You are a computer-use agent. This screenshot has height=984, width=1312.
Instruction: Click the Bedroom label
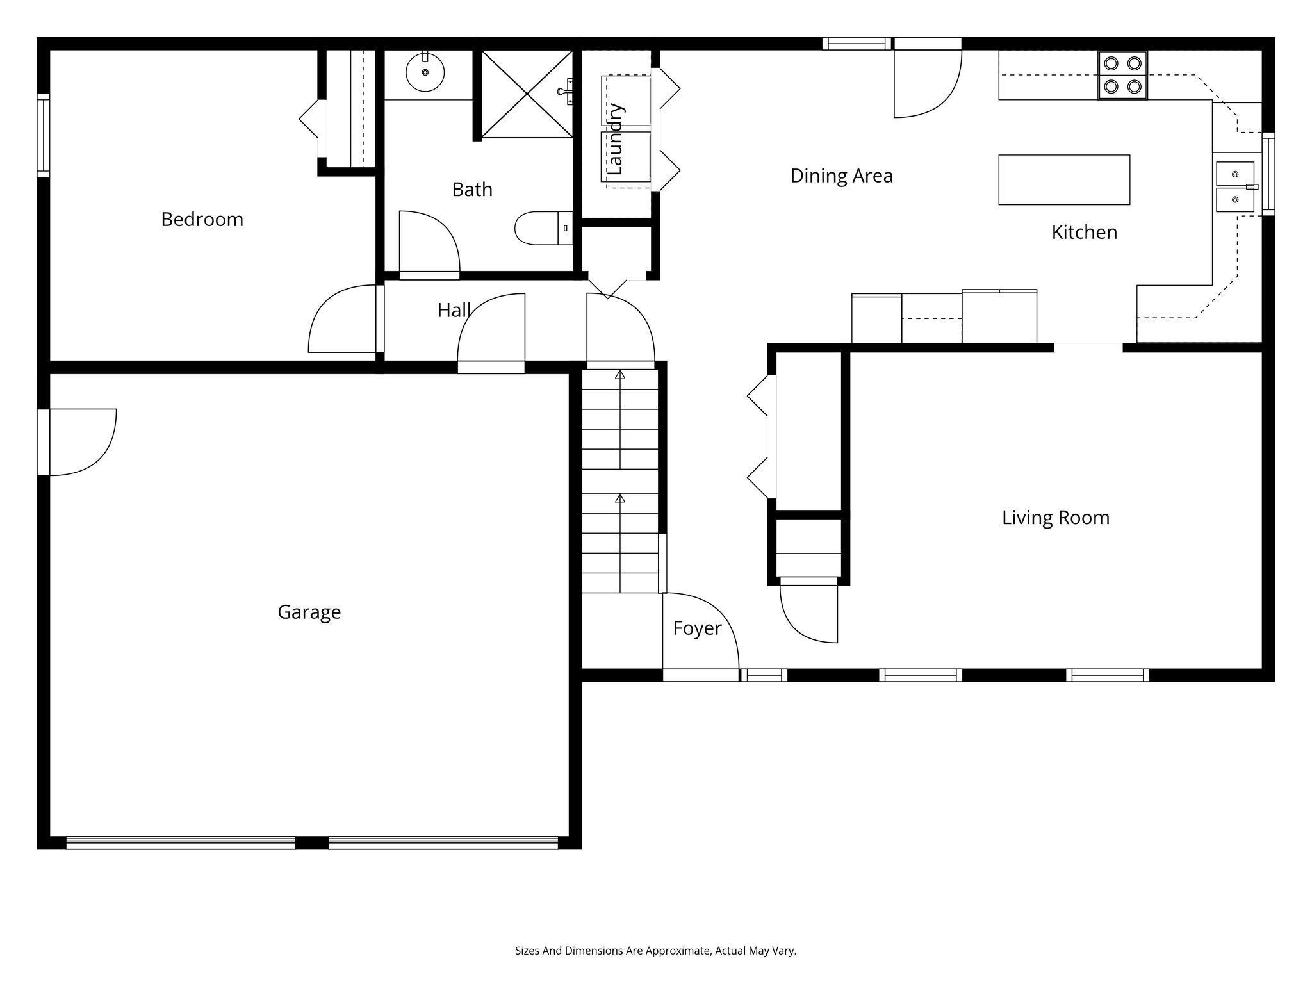point(202,220)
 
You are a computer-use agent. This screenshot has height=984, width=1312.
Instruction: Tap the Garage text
point(309,612)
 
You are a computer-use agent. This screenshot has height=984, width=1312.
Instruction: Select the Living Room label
point(1055,518)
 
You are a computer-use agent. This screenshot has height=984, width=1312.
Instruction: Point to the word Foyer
point(697,628)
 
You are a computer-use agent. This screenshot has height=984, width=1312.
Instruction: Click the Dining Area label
point(841,176)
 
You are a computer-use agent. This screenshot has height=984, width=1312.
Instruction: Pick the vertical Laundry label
point(615,139)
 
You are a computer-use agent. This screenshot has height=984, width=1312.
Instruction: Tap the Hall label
point(454,311)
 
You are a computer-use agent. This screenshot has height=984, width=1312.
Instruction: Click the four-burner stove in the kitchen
point(1122,75)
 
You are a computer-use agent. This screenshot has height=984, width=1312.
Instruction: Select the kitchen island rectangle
point(1063,180)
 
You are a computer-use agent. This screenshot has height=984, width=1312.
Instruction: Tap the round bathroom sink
point(425,72)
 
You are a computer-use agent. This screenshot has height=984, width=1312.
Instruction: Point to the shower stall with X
point(527,94)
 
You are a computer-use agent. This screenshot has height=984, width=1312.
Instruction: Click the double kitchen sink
point(1235,186)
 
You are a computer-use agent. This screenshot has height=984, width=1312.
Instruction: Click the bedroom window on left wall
point(43,135)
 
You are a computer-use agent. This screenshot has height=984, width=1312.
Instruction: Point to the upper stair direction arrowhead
point(619,374)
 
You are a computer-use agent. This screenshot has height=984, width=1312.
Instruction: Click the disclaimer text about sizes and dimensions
point(655,951)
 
